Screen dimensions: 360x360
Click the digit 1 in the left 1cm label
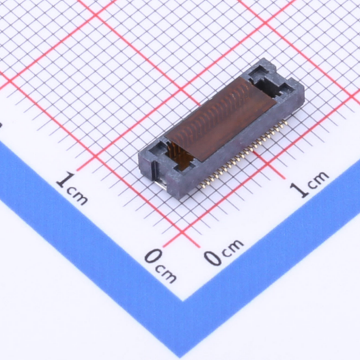point(63,180)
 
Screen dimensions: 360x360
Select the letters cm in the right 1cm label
point(319,180)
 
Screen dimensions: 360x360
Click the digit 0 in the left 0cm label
point(153,256)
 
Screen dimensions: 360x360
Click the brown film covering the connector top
point(221,119)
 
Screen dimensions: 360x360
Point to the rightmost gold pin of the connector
point(286,123)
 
